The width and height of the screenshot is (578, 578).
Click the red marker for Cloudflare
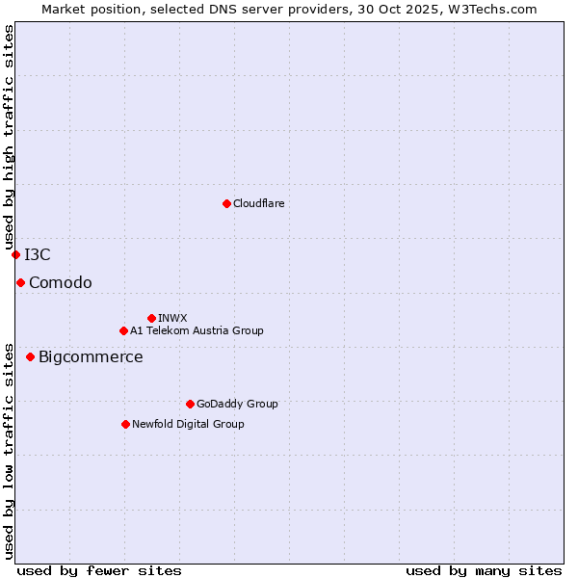click(226, 203)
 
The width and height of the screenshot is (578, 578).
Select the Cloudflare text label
click(258, 203)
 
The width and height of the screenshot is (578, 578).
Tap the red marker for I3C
click(15, 254)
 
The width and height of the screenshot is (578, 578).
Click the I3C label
click(38, 254)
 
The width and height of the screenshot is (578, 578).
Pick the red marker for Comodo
click(20, 282)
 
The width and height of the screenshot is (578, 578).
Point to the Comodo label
click(61, 282)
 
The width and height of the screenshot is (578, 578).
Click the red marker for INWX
click(151, 318)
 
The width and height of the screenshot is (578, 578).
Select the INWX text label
click(172, 318)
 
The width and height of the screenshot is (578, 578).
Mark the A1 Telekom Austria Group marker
click(123, 330)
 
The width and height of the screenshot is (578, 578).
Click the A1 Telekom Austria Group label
click(197, 330)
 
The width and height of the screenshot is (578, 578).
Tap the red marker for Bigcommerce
click(30, 356)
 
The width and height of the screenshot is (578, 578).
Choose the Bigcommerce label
click(91, 357)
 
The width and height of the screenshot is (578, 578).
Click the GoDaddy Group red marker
click(190, 404)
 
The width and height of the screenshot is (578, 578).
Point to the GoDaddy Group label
click(237, 404)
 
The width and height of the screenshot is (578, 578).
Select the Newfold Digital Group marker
click(125, 424)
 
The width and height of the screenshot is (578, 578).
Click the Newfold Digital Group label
click(188, 424)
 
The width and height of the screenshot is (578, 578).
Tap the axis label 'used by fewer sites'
click(99, 570)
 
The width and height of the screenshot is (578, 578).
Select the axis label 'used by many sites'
click(484, 570)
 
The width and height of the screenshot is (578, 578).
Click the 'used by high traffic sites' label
click(9, 138)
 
